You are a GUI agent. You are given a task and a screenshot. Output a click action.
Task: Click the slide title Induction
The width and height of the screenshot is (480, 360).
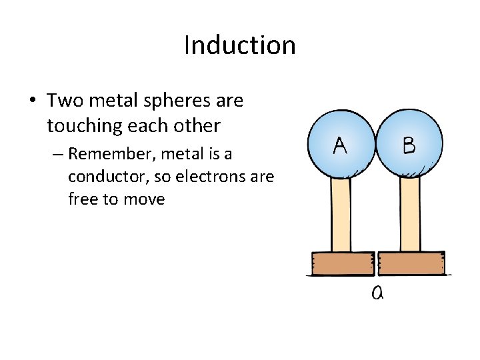coord(239,45)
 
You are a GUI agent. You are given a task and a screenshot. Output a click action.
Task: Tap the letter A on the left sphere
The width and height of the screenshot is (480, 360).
coord(339,145)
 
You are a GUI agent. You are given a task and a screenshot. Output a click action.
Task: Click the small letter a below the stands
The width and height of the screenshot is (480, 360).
coord(377,292)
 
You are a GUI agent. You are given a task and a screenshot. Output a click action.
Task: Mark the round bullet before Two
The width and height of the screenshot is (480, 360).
coord(32,102)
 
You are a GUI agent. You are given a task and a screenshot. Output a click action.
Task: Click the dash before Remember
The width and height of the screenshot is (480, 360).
coord(56,155)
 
